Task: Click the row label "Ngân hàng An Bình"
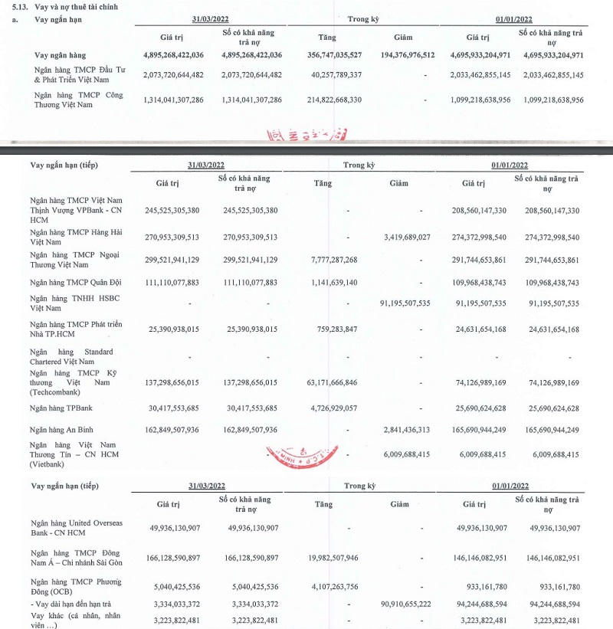pos(66,430)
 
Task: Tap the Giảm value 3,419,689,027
pos(419,237)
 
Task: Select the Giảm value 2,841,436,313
pos(419,430)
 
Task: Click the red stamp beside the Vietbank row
pos(290,457)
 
